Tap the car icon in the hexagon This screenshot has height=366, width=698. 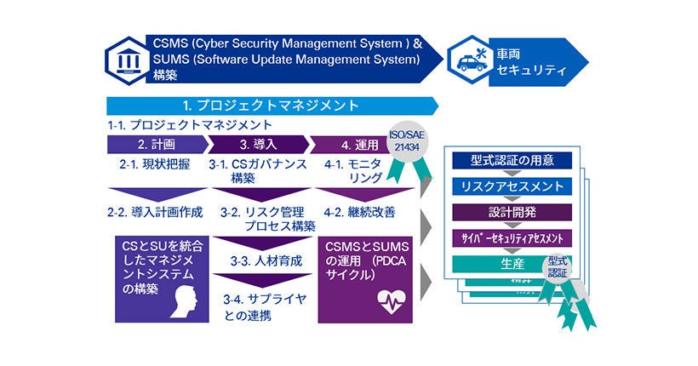469,60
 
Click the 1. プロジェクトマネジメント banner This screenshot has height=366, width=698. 271,106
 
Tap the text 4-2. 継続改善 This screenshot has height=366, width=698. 359,210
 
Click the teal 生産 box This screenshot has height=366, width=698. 502,264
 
